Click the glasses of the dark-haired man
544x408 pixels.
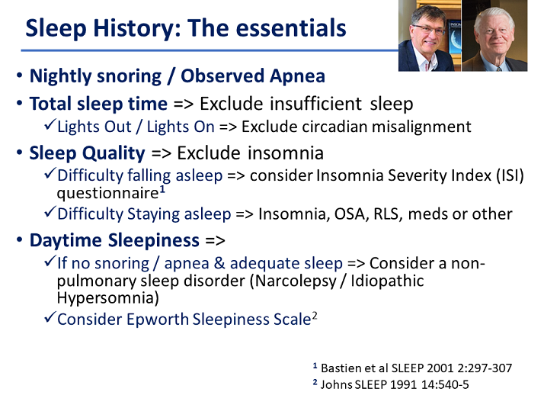(x=428, y=31)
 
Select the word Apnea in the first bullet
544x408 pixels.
(x=297, y=76)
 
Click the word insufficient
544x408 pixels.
(x=315, y=104)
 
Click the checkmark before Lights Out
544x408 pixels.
(x=50, y=124)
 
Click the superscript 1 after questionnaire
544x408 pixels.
(x=162, y=191)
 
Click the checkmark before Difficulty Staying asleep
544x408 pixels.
(x=50, y=211)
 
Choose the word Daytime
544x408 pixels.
(x=66, y=240)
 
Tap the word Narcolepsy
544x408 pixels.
(x=296, y=281)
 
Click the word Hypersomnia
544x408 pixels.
(x=107, y=298)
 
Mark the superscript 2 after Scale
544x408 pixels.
(x=315, y=316)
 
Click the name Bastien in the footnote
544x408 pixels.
(x=338, y=368)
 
